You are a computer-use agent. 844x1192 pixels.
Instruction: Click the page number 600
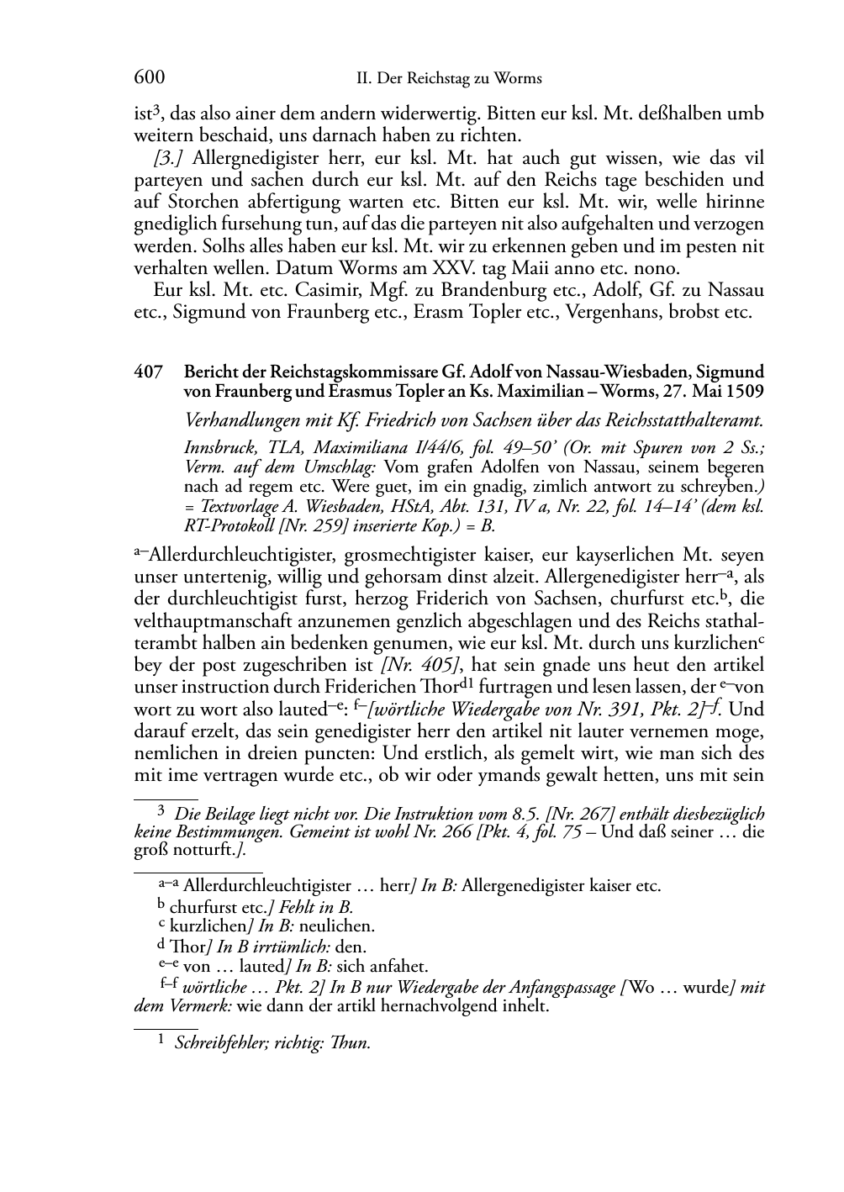(x=149, y=78)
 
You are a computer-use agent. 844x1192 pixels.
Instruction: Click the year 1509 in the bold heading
(x=743, y=392)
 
